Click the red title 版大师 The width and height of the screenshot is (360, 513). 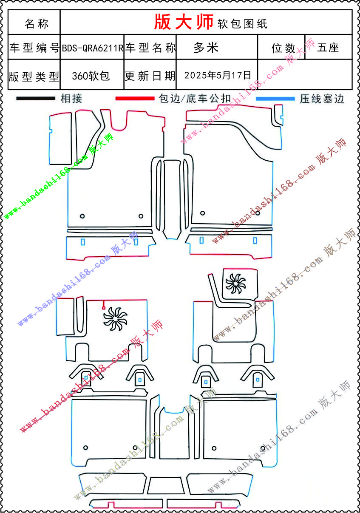coord(183,22)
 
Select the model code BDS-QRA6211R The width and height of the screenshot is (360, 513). coord(92,48)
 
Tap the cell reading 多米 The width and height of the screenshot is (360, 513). coord(206,48)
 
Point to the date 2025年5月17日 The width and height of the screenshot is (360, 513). coord(218,75)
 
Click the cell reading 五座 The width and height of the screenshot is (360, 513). coord(328,48)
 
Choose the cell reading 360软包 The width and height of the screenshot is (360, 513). coord(91,76)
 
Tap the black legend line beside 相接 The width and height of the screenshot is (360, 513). coord(36,99)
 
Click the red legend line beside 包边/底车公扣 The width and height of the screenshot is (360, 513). coord(135,99)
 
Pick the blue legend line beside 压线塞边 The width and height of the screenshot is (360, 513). coord(275,99)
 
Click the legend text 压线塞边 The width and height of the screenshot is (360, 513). coord(321,99)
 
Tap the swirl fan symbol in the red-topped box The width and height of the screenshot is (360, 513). coord(235,283)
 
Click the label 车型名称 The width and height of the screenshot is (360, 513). coord(150,48)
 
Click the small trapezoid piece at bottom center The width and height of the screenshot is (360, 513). coord(166,485)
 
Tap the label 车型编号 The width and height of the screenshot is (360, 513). coord(34,48)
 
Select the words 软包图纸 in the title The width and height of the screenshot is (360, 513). coord(242,24)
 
